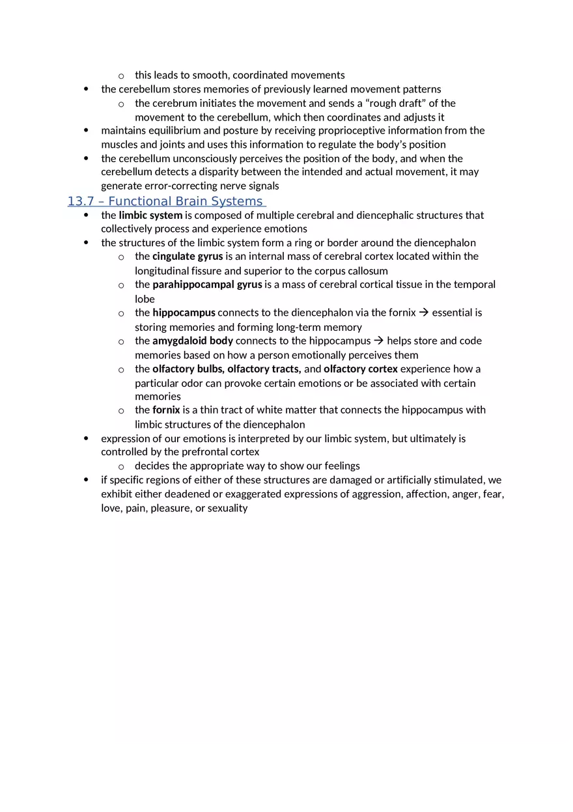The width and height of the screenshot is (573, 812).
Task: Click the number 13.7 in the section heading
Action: coord(81,202)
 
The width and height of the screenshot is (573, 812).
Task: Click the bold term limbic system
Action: coord(150,215)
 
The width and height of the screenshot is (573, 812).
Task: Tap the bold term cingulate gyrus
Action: coord(188,257)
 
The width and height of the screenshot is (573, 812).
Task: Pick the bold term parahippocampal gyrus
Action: coord(207,285)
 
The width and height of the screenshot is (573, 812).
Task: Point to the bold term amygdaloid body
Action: coord(193,341)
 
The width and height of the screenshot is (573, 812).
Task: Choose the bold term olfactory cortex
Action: coord(361,369)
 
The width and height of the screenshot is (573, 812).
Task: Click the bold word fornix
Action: coord(166,410)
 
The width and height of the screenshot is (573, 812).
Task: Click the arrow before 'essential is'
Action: coord(424,313)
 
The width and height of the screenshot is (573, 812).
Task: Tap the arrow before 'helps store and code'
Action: coord(379,341)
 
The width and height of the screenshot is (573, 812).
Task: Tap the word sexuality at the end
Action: coord(227,508)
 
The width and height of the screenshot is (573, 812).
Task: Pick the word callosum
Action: coord(368,271)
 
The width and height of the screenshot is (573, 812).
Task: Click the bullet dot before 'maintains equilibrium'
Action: coord(87,130)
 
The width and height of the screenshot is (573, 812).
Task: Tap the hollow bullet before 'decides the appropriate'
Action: coord(121,467)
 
